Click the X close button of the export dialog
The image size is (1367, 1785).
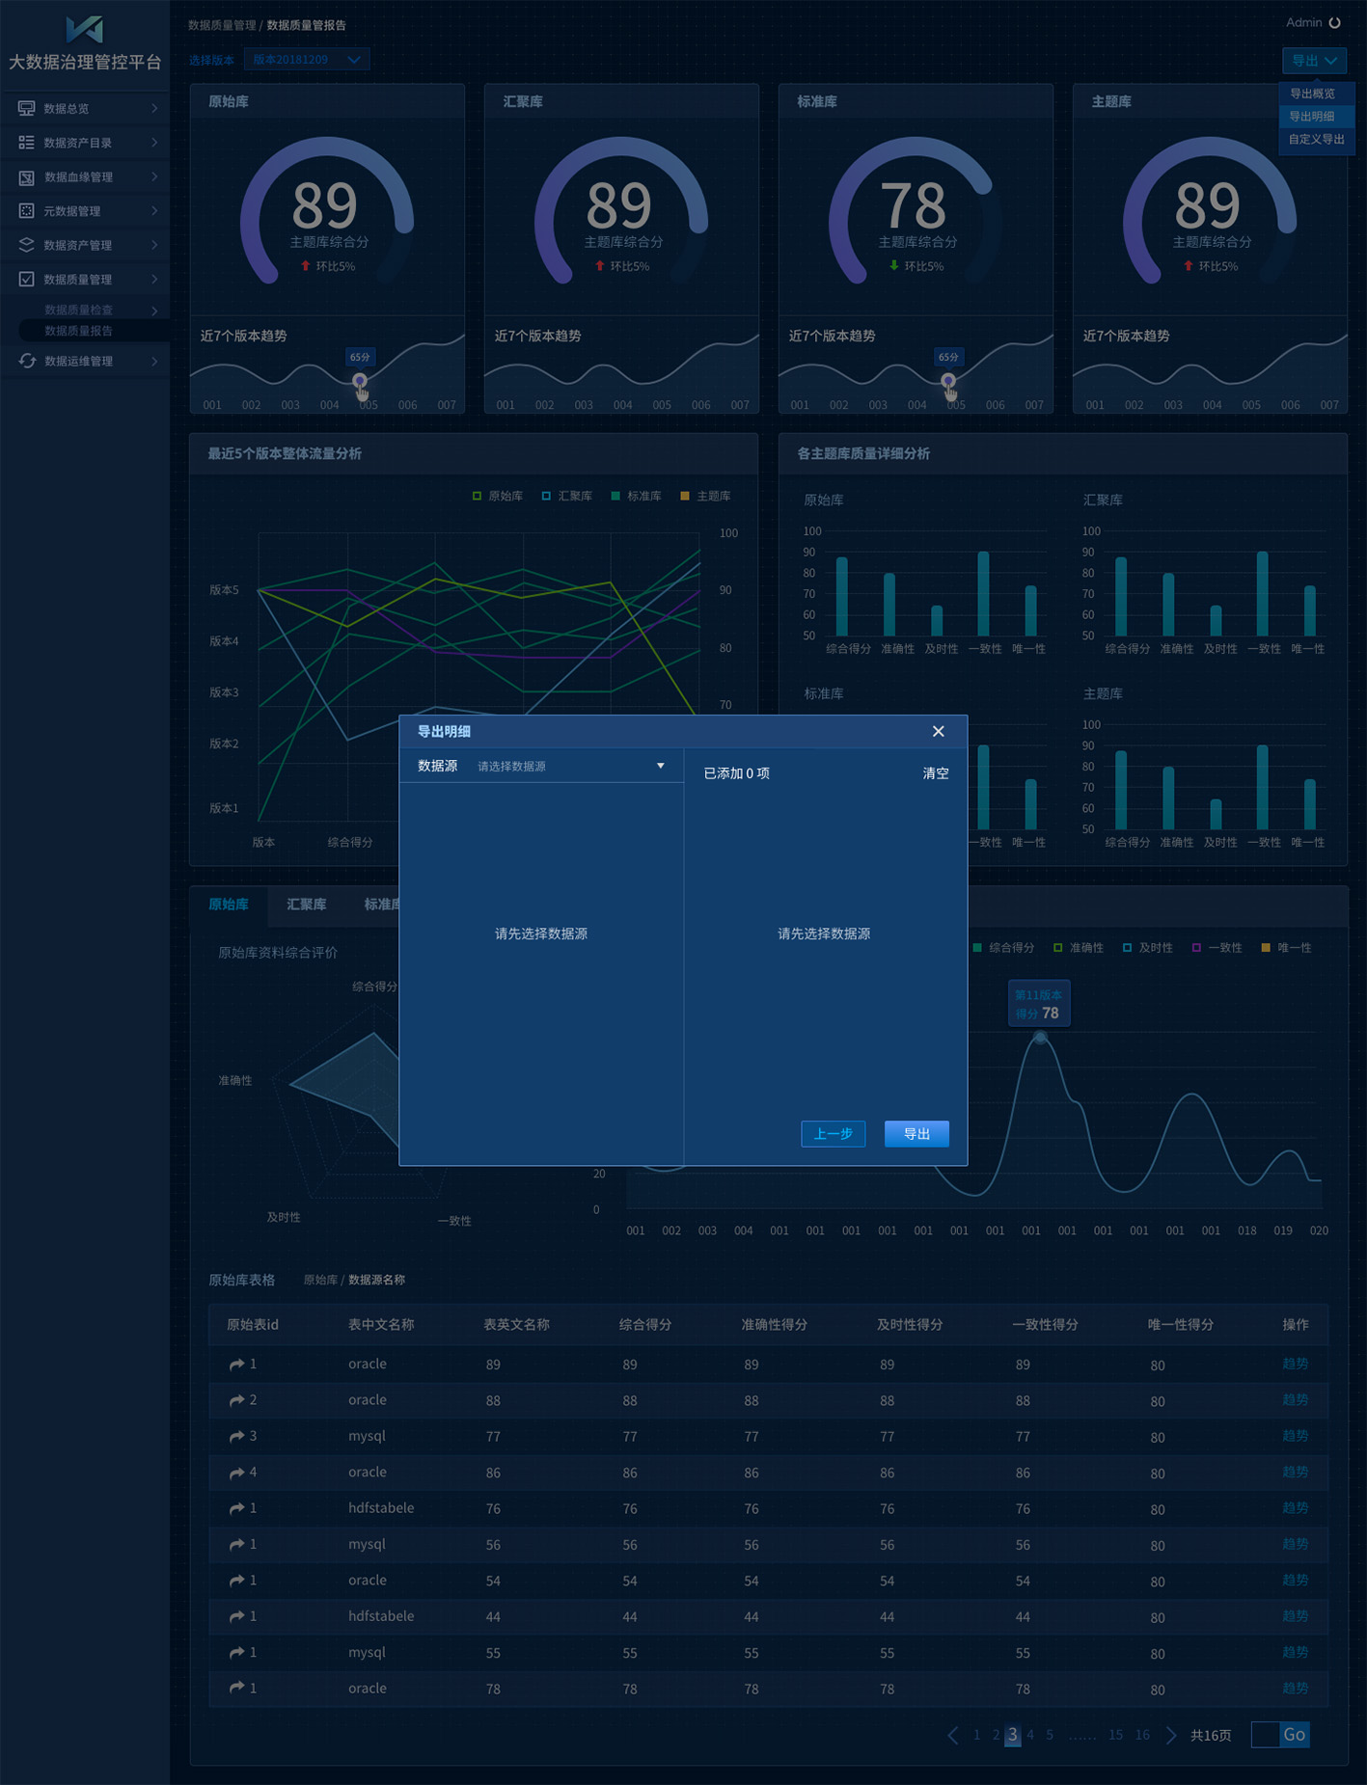(x=938, y=731)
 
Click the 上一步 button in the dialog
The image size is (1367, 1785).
(x=833, y=1133)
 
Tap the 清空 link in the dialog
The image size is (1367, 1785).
(x=935, y=773)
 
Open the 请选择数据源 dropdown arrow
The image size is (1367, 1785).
(x=661, y=766)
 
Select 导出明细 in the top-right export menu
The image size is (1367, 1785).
(x=1312, y=116)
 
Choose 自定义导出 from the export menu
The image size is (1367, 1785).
(x=1316, y=139)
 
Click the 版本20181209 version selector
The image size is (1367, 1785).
(x=306, y=60)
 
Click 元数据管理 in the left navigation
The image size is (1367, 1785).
(x=72, y=211)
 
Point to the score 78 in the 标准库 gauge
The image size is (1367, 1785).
(x=913, y=205)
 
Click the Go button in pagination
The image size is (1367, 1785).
(x=1294, y=1734)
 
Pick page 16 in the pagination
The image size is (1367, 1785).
(x=1142, y=1735)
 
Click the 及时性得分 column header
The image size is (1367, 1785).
(x=909, y=1324)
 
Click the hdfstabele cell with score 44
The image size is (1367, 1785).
(x=381, y=1615)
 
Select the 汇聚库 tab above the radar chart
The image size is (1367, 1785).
(x=306, y=905)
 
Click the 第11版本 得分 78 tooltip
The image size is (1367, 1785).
(x=1038, y=1004)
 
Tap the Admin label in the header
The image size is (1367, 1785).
(x=1303, y=22)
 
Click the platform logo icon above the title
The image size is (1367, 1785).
(x=84, y=29)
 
